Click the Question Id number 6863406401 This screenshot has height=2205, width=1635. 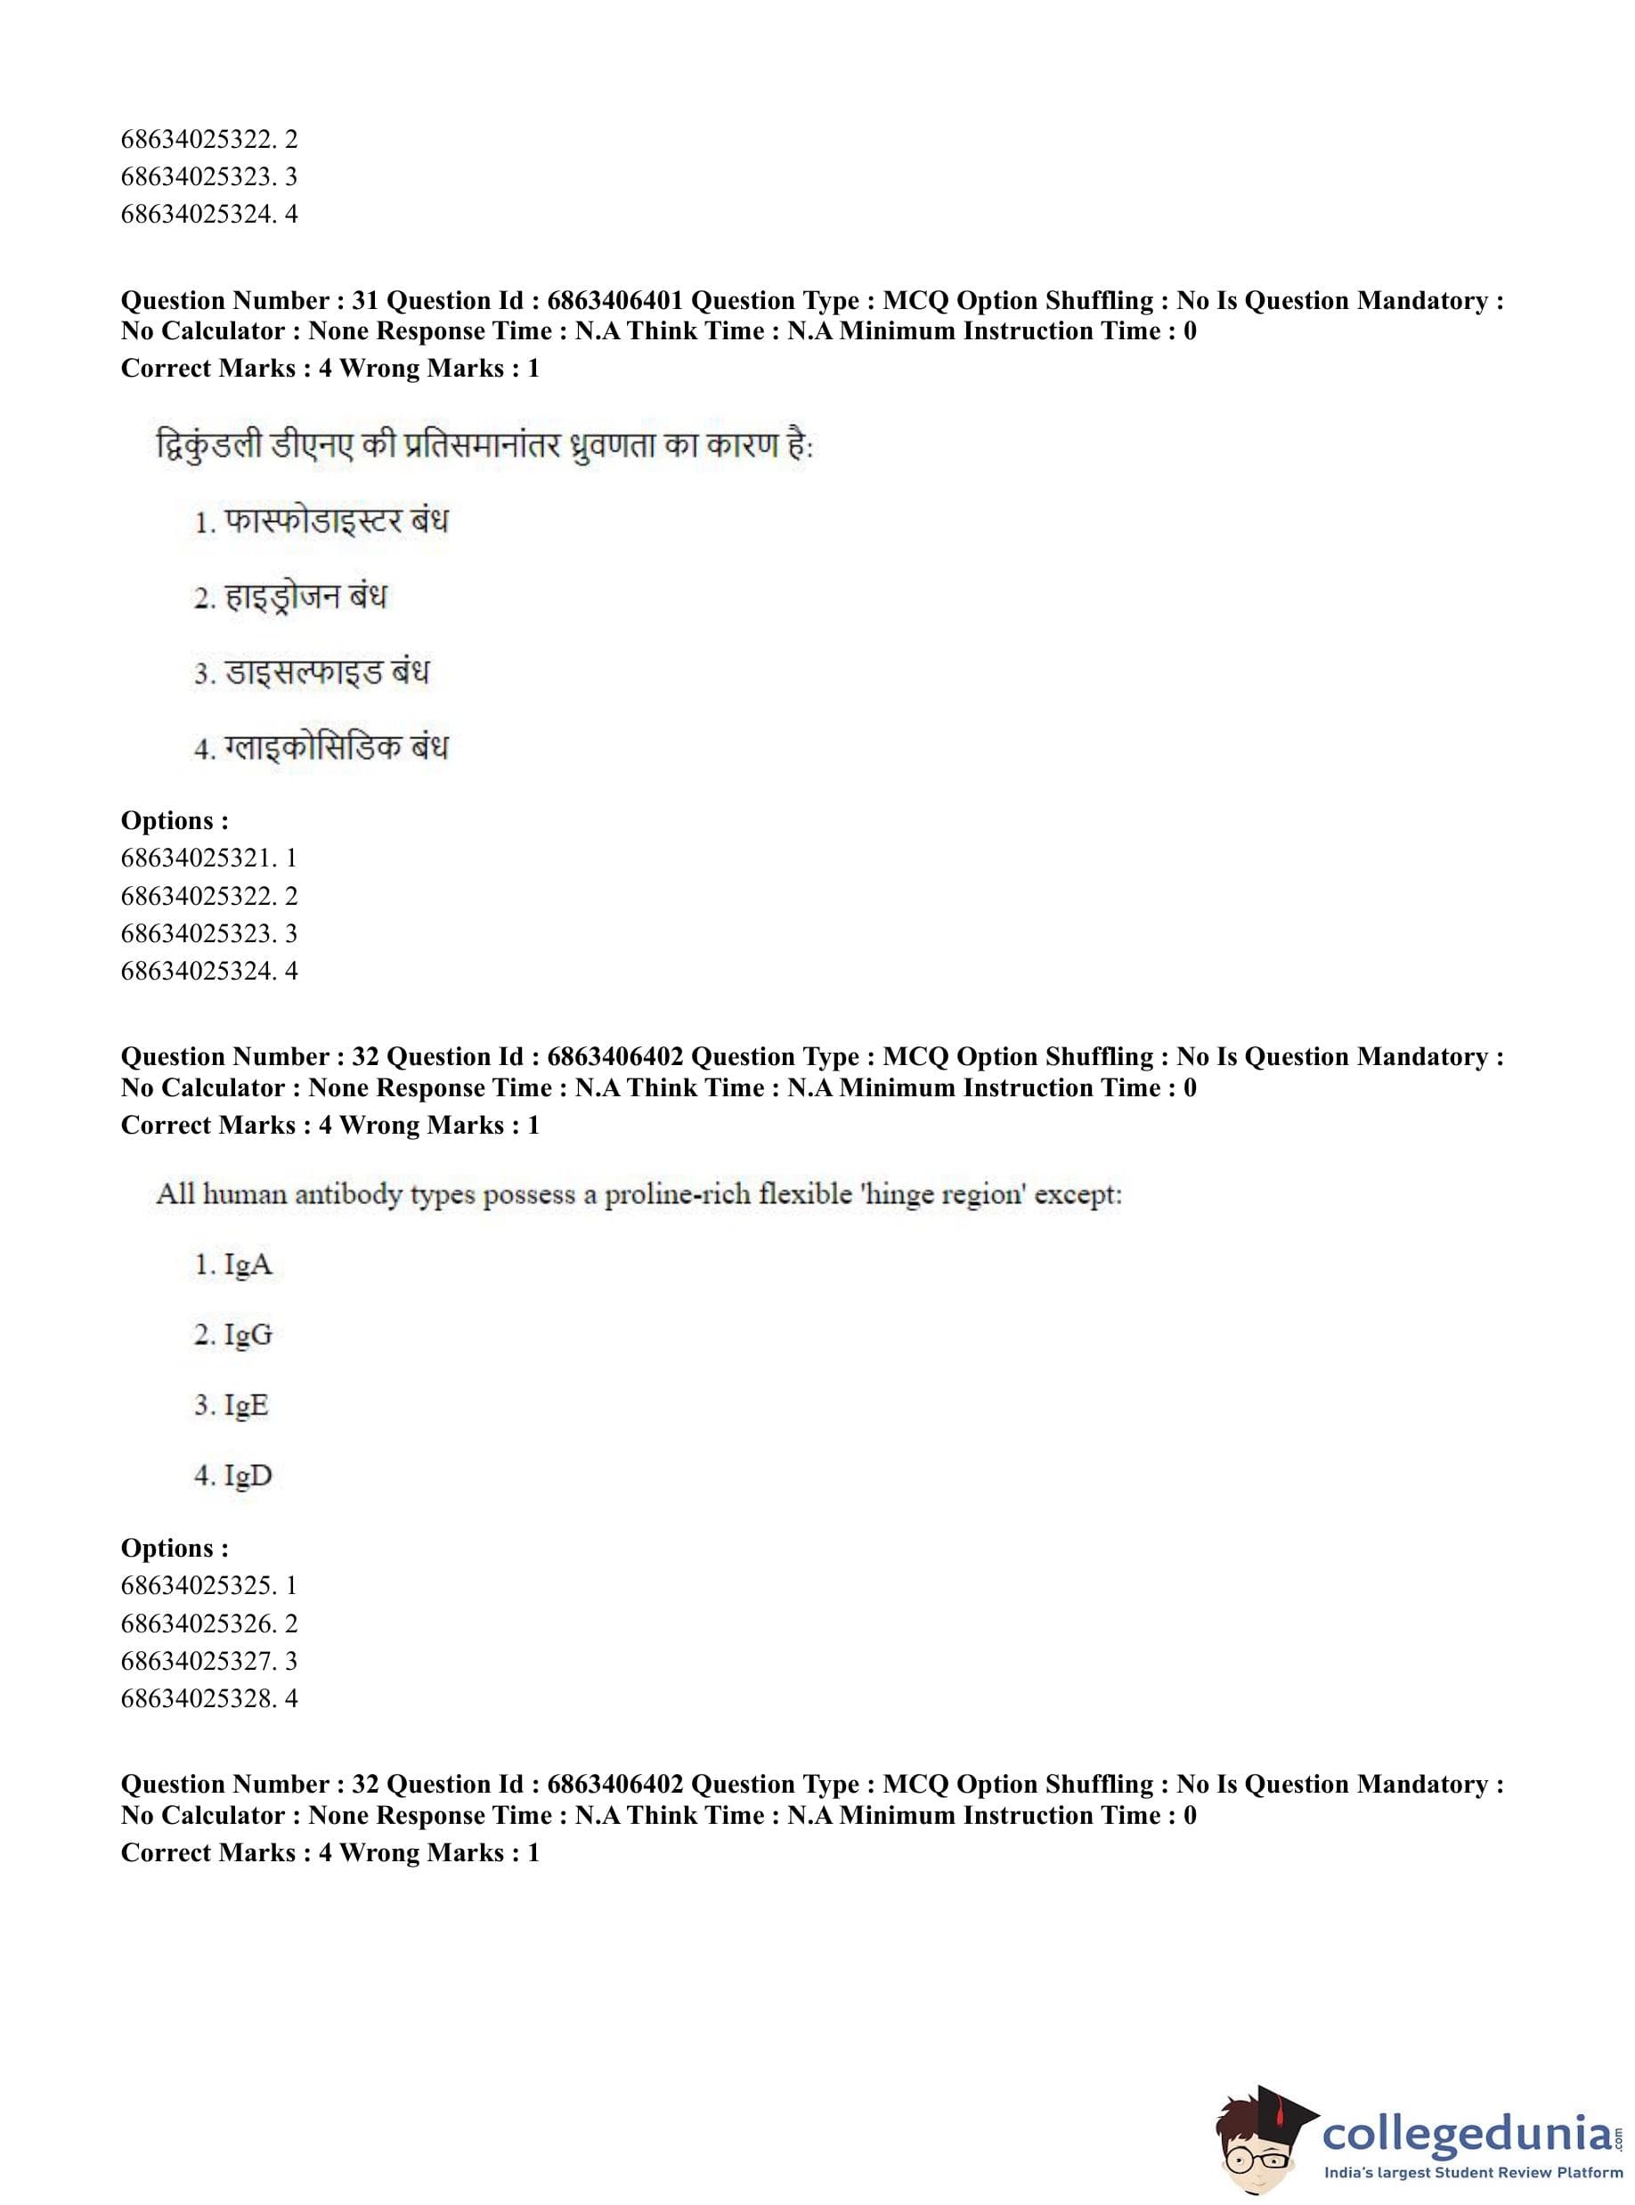coord(614,300)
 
